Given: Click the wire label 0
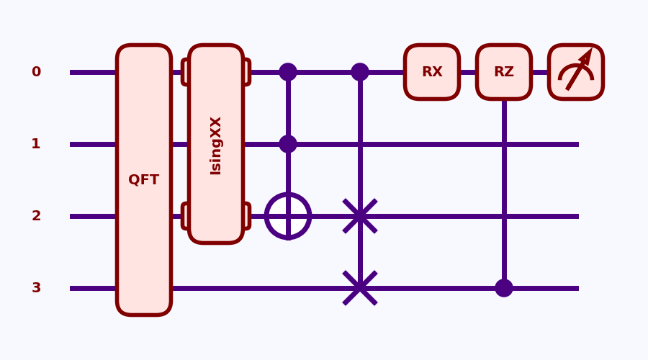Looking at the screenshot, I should point(36,72).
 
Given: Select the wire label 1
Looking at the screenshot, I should point(36,144).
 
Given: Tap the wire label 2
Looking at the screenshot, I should point(36,216).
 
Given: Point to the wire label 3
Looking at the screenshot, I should point(36,288).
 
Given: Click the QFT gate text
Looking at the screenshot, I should point(144,180).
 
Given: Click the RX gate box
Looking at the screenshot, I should point(432,72).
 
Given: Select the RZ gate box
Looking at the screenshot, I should point(504,72).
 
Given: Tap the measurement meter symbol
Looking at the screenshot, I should point(576,72).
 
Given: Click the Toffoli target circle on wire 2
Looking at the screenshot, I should point(288,216).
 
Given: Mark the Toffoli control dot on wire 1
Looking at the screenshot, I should point(288,144).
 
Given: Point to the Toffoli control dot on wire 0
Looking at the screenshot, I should point(288,72).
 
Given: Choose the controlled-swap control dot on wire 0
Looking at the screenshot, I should point(360,72).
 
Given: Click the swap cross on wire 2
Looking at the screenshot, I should point(360,216).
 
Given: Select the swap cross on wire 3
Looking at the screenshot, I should point(360,288).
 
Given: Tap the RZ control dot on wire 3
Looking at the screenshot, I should point(504,288).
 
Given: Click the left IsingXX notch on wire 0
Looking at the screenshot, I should point(185,72).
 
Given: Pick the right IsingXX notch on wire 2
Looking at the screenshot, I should point(247,216).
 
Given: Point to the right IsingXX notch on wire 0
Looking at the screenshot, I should point(247,72).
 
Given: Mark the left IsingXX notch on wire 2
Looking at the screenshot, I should point(185,216).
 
